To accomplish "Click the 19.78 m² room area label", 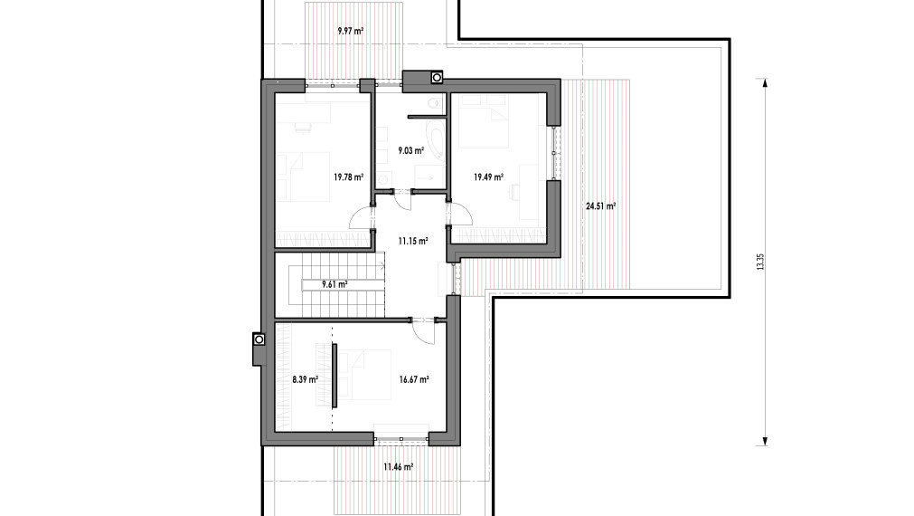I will pos(348,177).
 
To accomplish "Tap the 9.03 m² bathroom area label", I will pos(411,151).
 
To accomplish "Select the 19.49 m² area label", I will pos(488,177).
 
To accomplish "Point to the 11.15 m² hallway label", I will pos(412,240).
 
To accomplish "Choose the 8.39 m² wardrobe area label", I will pos(305,380).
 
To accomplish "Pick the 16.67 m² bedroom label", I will pos(414,380).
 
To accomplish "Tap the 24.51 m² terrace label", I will pos(600,206).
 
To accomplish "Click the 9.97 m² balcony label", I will pos(351,31).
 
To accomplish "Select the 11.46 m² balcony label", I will pos(398,467).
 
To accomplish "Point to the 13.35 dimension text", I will pos(761,262).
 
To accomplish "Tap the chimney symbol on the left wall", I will pos(259,339).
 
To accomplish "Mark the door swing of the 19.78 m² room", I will pos(360,218).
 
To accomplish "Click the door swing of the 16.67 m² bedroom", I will pos(423,330).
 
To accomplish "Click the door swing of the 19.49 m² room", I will pos(461,214).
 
